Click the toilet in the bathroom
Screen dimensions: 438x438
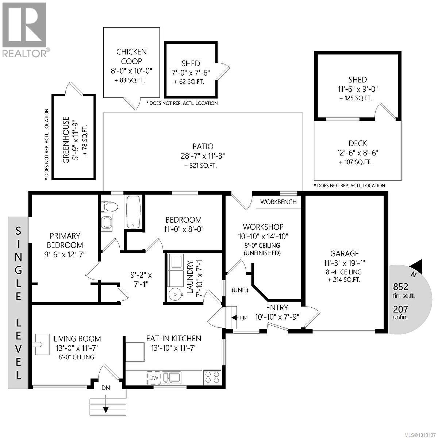(x=110, y=207)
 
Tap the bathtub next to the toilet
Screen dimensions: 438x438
(x=133, y=212)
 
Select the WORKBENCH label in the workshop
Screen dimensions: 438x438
(x=278, y=202)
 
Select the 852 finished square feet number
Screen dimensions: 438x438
(x=400, y=287)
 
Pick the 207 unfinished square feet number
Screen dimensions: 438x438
(x=400, y=309)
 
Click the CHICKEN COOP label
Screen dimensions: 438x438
(x=131, y=57)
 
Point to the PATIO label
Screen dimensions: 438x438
(x=203, y=146)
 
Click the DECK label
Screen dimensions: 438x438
(x=358, y=143)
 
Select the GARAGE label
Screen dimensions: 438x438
(x=344, y=253)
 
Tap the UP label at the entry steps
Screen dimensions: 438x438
(x=243, y=318)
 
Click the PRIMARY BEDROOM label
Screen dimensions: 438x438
(x=65, y=241)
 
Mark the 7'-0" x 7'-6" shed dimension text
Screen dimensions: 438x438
(x=191, y=72)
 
